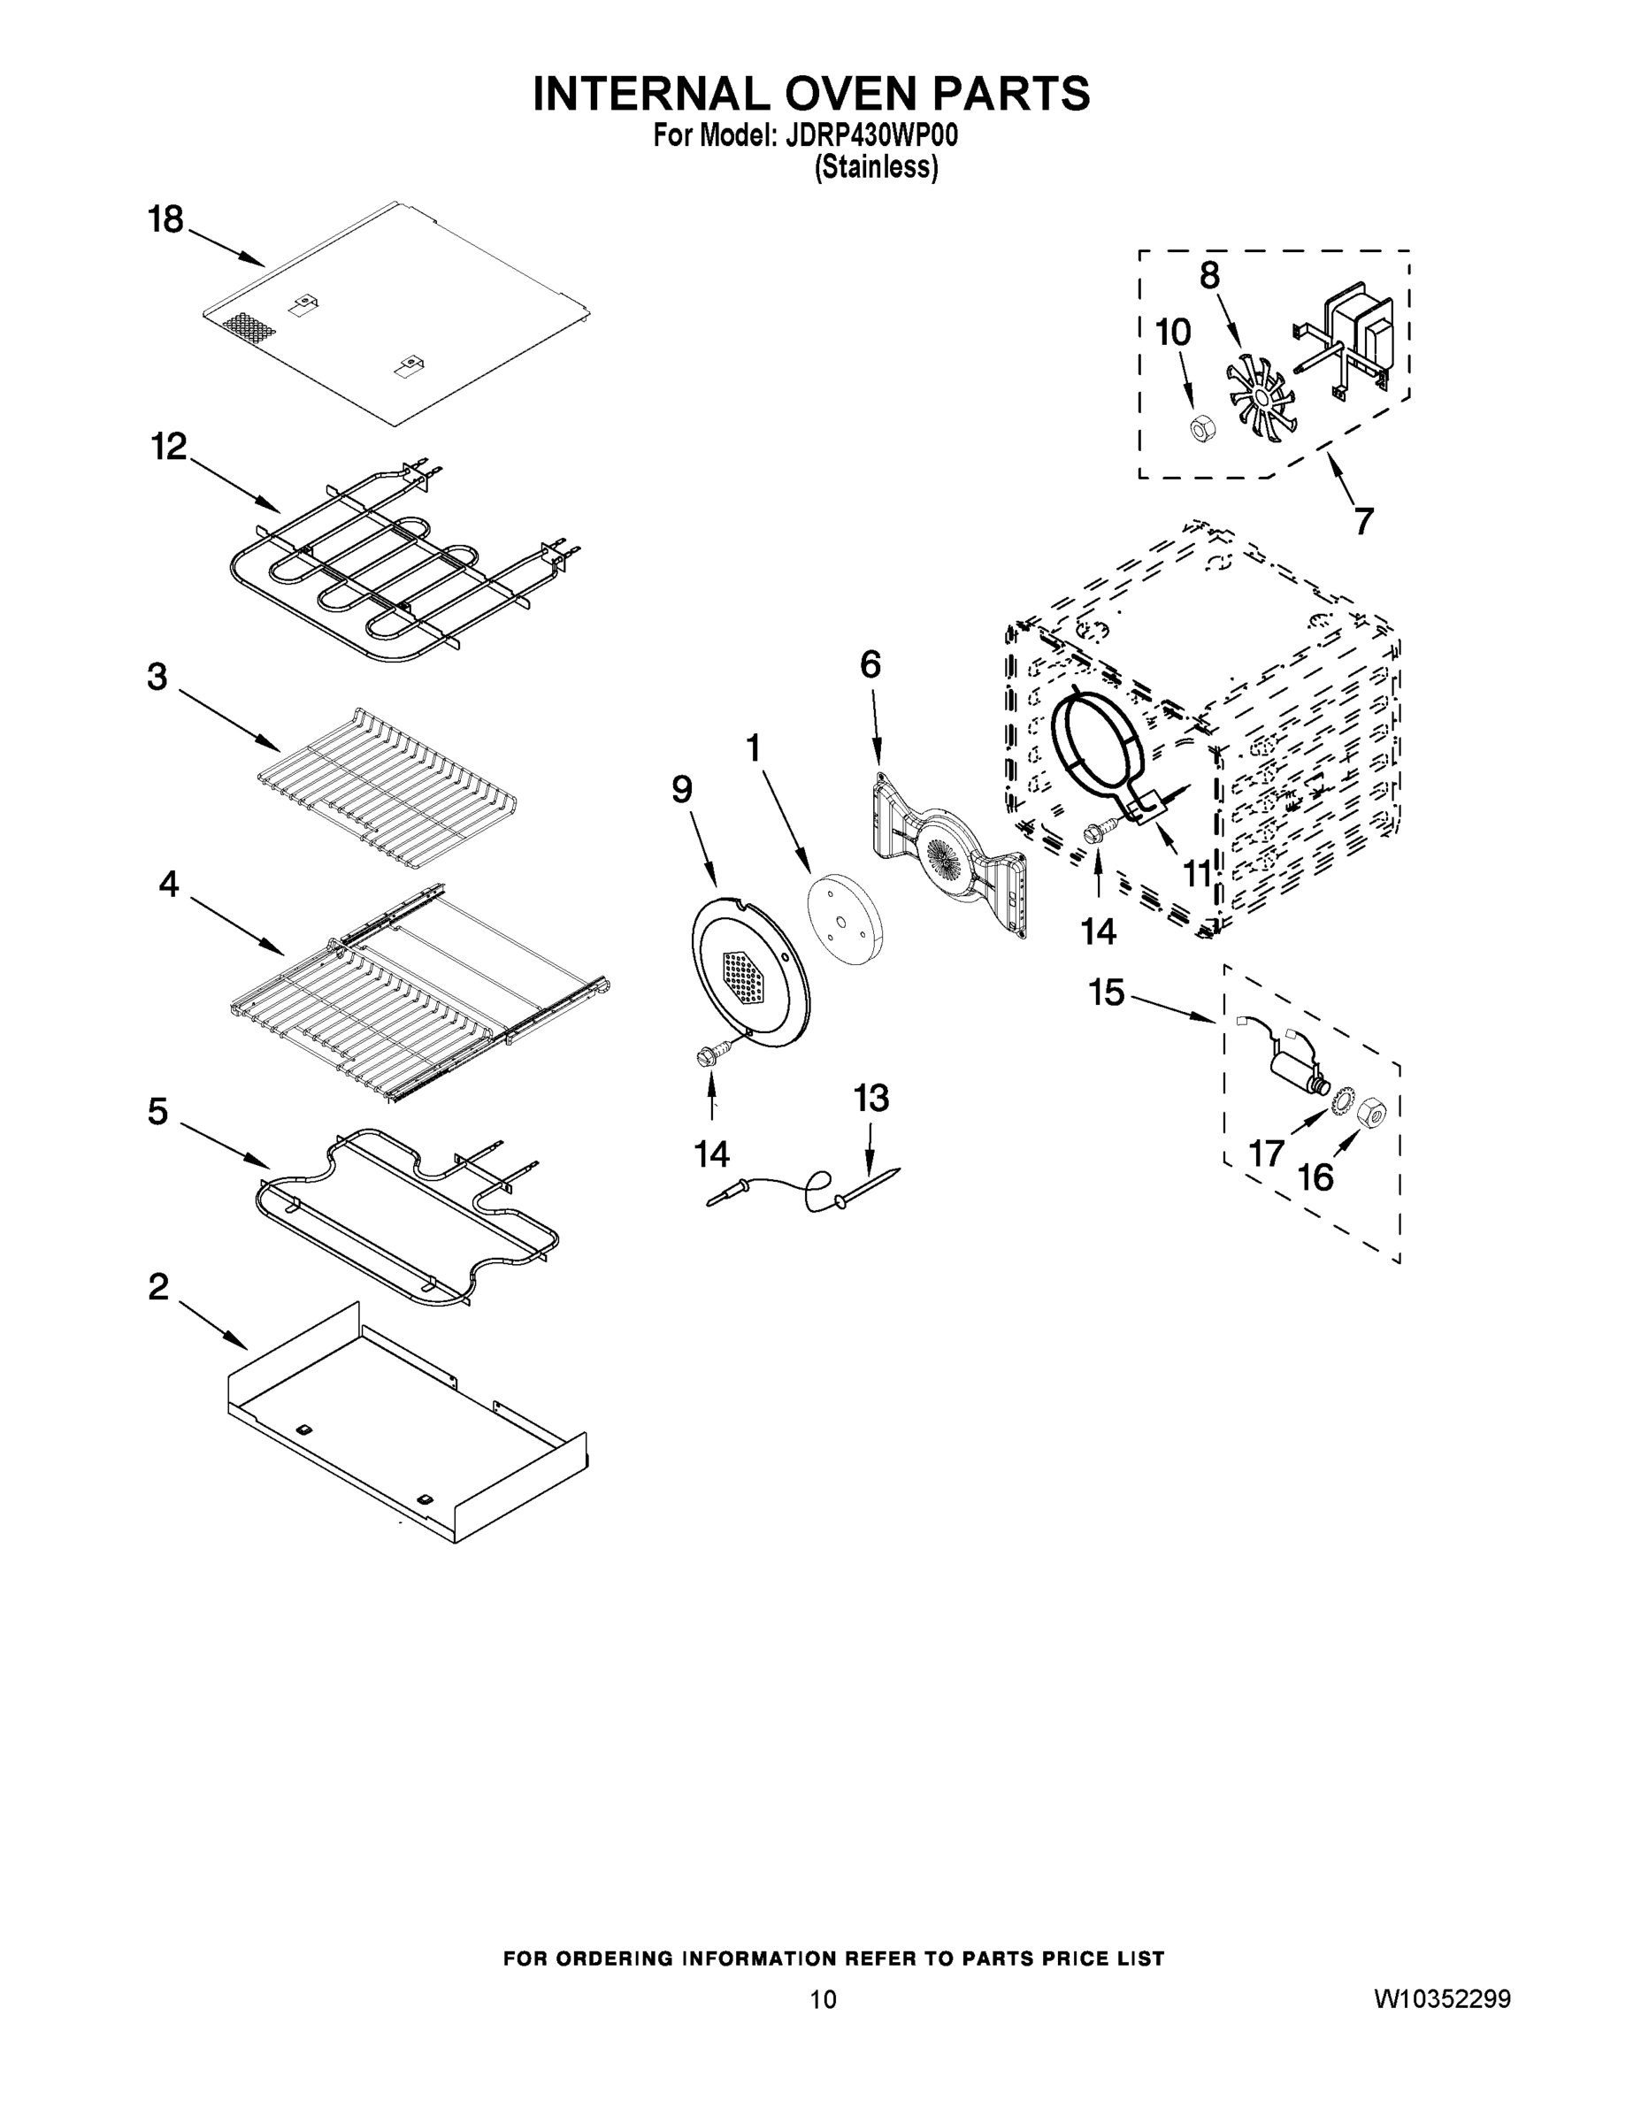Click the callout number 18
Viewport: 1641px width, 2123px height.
(166, 219)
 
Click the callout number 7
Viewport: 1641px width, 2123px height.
(1364, 522)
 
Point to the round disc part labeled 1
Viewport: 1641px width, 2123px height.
(843, 918)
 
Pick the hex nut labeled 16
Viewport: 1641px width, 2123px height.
(1369, 1108)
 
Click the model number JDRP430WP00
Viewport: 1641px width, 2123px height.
(864, 136)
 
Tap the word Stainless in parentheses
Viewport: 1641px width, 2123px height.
(876, 168)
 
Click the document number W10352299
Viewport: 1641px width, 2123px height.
(1443, 1998)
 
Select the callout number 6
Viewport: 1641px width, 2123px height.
(870, 665)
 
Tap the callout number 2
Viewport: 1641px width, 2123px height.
(158, 1287)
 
